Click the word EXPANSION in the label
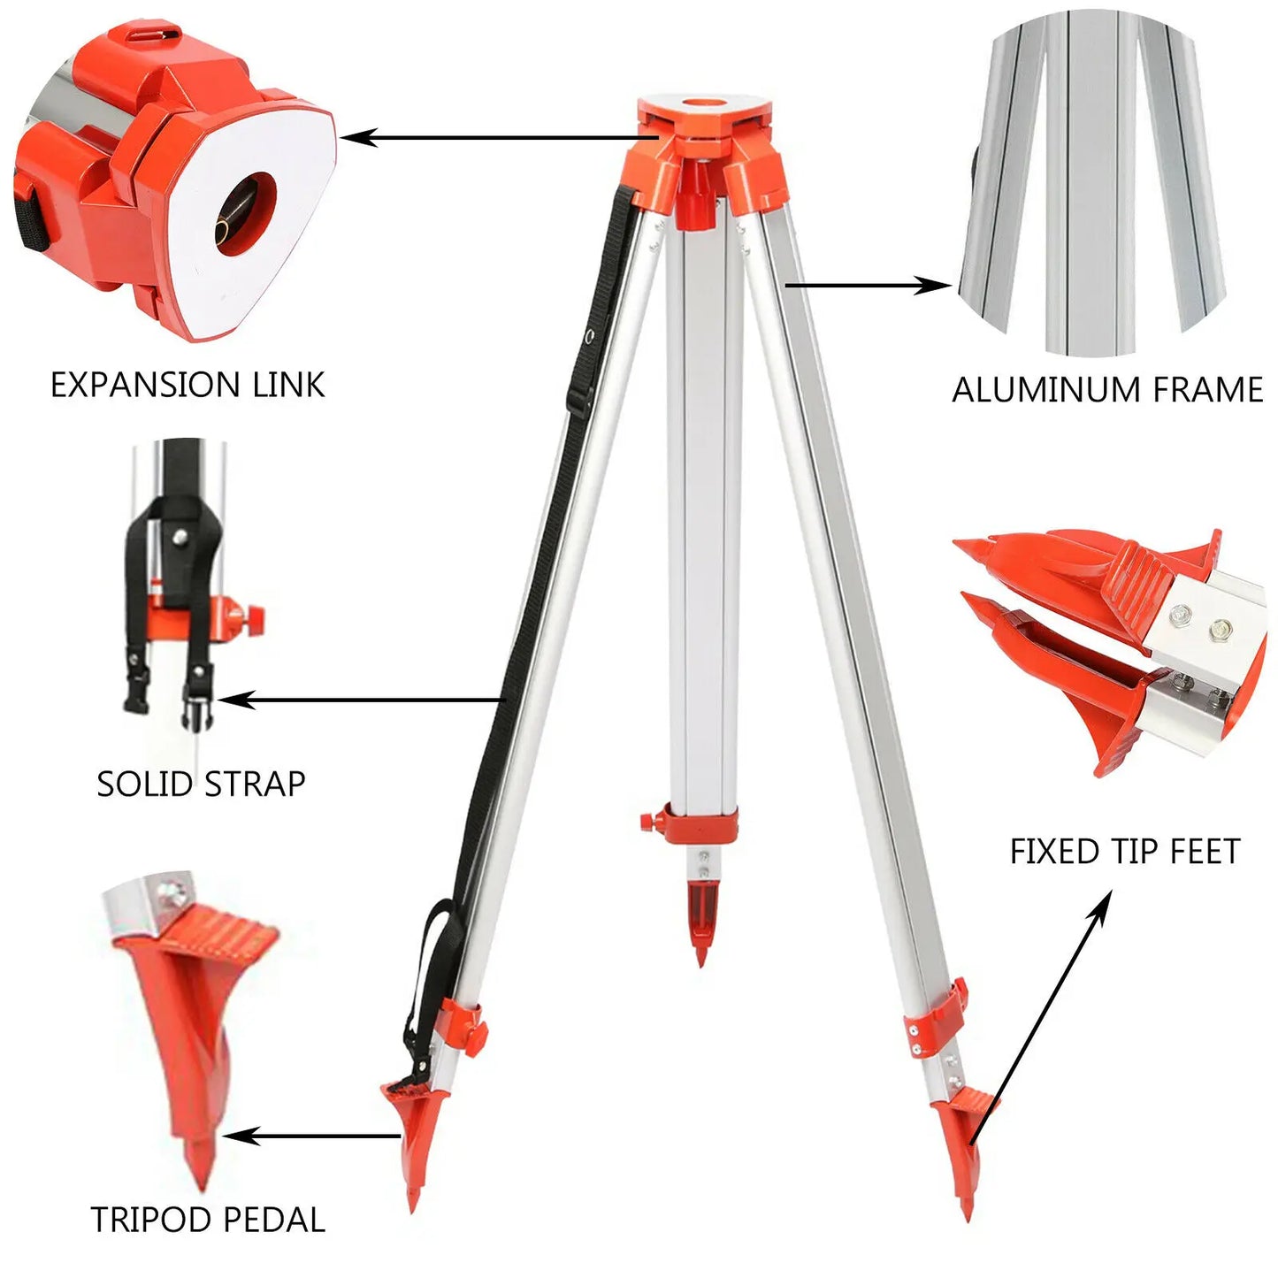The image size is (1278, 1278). (x=144, y=386)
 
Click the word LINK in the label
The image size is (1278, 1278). (x=288, y=386)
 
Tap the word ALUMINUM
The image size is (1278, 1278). (x=1029, y=390)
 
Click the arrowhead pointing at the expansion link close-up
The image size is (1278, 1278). (x=354, y=137)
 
